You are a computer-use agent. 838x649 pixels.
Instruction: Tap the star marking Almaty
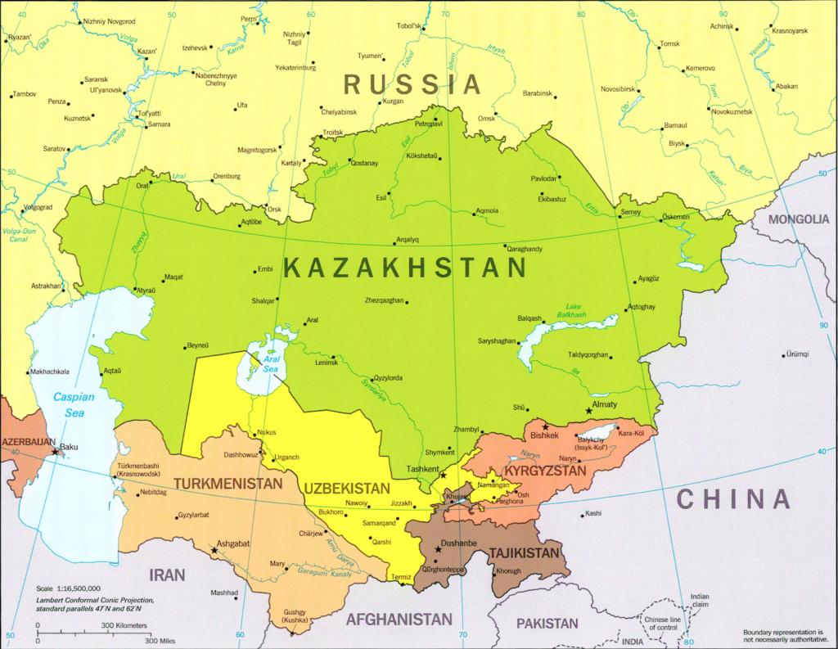[x=589, y=411]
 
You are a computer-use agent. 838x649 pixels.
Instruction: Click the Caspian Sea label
[x=74, y=405]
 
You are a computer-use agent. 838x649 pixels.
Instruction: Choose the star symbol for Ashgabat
[x=214, y=550]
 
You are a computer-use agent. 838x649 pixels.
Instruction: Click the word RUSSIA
[x=412, y=83]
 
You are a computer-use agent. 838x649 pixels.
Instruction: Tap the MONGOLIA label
[x=799, y=219]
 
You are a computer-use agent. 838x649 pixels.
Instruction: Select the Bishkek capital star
[x=545, y=427]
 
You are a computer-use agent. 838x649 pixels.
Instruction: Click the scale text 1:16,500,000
[x=69, y=588]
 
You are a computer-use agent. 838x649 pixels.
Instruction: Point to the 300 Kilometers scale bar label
[x=124, y=626]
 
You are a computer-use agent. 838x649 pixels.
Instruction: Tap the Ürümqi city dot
[x=782, y=354]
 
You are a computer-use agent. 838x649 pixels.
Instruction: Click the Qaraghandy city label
[x=525, y=248]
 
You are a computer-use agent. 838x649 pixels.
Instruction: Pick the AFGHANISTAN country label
[x=399, y=620]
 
